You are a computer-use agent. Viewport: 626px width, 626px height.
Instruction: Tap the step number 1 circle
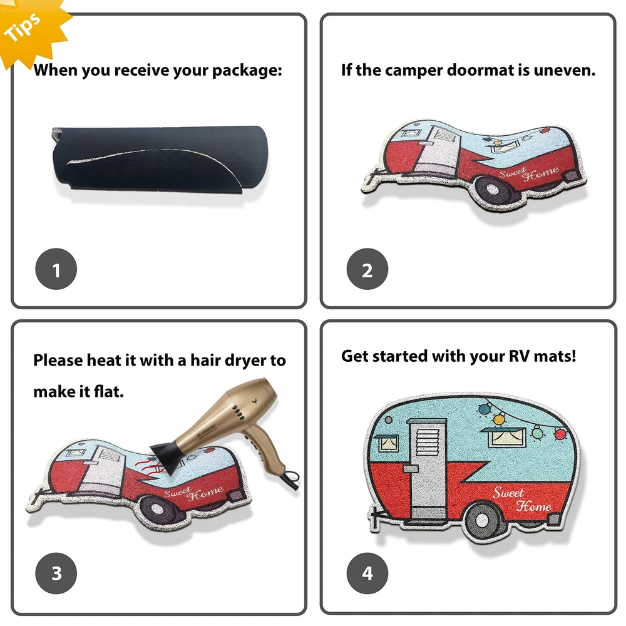tap(56, 269)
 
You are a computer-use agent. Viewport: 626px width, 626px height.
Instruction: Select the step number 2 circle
tap(367, 269)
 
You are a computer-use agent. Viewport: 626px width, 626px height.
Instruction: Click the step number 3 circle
tap(56, 573)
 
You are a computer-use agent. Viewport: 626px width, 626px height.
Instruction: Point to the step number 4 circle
tap(367, 573)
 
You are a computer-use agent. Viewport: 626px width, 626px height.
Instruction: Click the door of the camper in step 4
tap(428, 468)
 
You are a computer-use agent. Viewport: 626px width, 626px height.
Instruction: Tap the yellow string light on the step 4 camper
tap(499, 419)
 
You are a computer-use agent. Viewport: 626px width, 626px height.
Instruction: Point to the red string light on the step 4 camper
tap(560, 434)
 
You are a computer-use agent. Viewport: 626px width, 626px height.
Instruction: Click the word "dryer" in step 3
tap(245, 361)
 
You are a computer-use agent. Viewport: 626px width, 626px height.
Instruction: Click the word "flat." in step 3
tap(108, 391)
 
